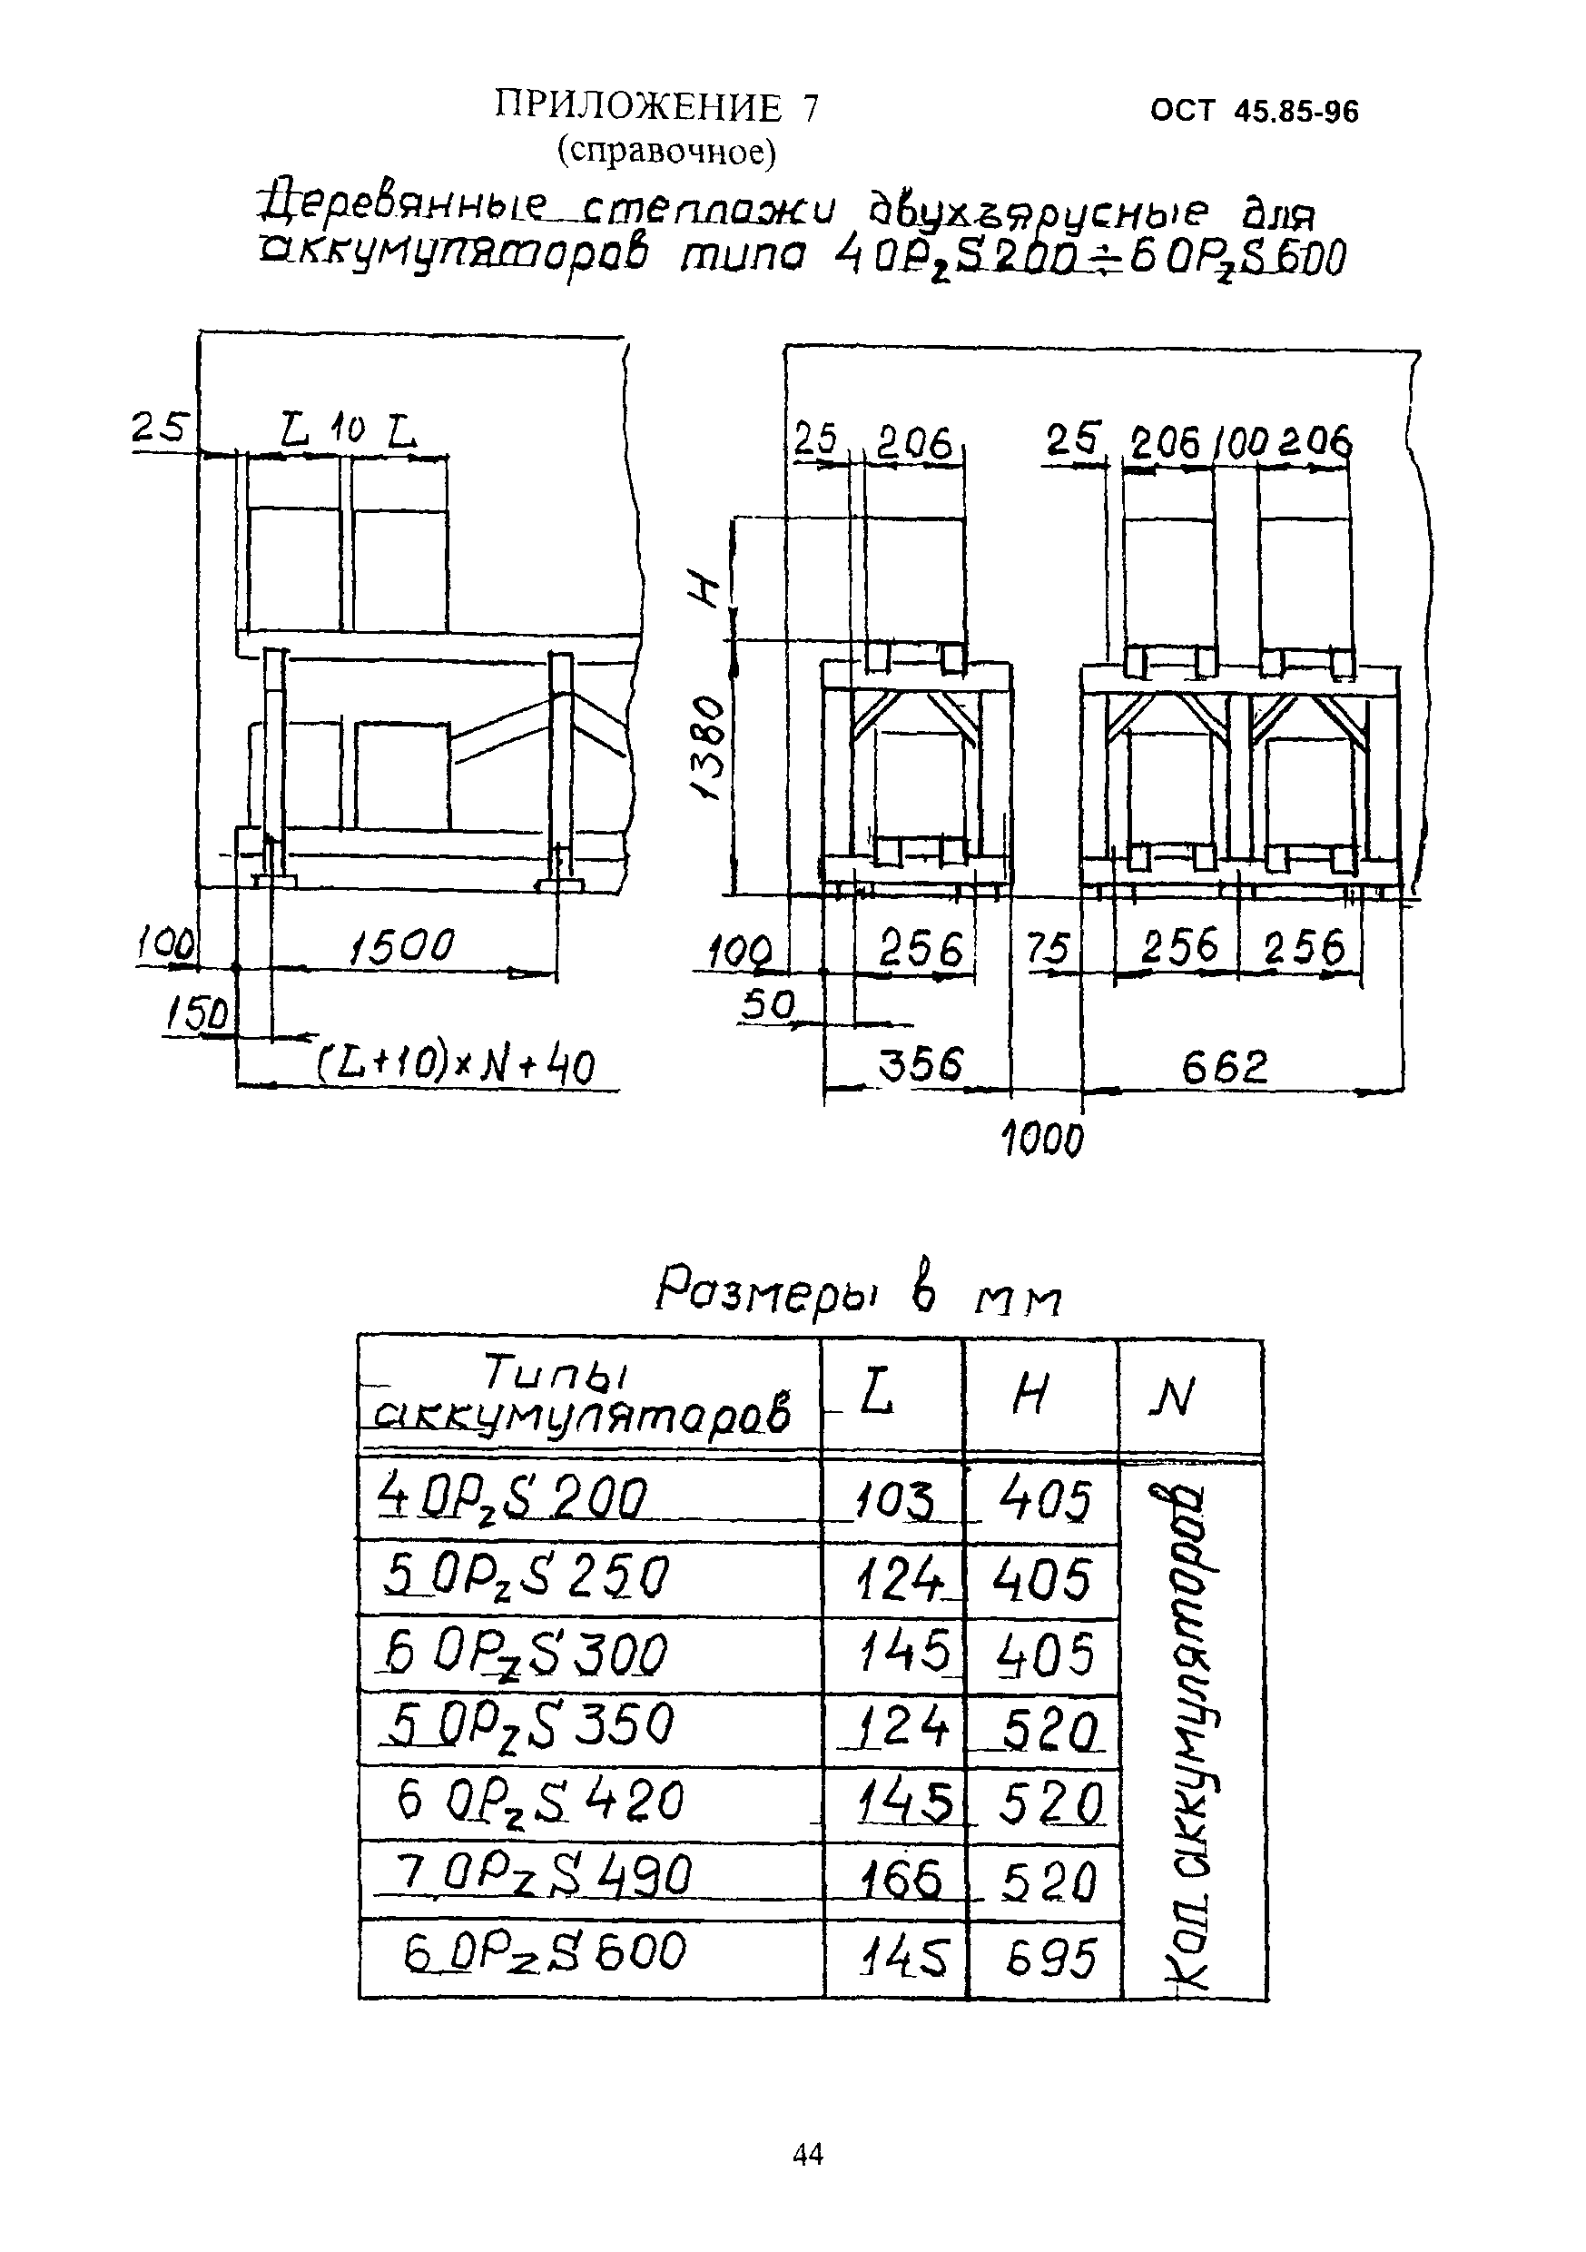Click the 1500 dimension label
[402, 947]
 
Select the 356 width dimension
[920, 1065]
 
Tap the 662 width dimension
[1225, 1066]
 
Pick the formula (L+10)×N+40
[454, 1065]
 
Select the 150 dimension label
[195, 1014]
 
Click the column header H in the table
[1030, 1395]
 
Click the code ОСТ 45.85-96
[1255, 112]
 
